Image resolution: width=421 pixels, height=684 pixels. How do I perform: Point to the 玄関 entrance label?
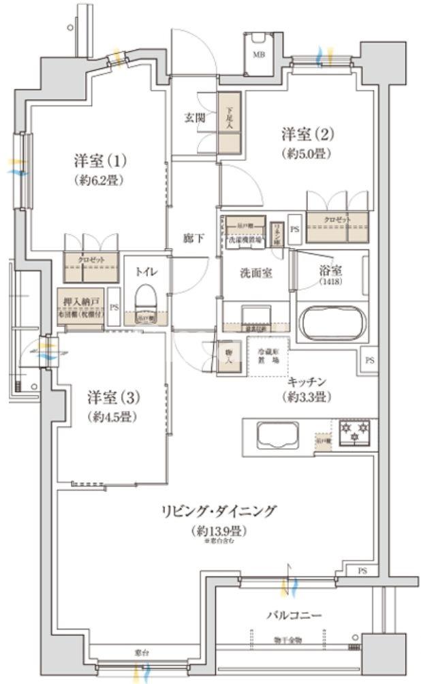point(195,117)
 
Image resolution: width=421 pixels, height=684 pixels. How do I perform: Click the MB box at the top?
point(260,52)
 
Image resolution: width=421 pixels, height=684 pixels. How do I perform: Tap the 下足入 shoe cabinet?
point(229,122)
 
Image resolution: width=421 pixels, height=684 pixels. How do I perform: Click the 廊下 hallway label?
point(193,238)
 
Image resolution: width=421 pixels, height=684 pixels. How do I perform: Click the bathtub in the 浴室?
point(331,324)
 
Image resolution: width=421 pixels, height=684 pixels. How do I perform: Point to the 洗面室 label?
point(256,273)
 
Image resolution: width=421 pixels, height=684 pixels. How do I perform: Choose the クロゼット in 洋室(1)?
point(90,266)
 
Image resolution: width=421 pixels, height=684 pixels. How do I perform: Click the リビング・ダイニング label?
point(218,511)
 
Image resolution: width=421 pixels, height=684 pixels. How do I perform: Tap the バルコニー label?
point(293,615)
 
